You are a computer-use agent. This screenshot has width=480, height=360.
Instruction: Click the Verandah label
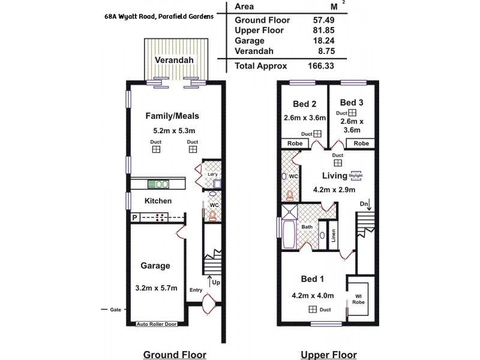[174, 61]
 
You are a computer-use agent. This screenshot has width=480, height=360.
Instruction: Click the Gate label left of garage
[116, 310]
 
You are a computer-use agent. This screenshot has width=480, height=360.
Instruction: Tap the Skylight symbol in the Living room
[357, 175]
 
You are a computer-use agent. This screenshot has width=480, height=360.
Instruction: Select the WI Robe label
[358, 298]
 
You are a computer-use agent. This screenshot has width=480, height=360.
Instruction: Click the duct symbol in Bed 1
[312, 310]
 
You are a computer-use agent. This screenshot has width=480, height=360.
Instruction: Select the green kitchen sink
[160, 184]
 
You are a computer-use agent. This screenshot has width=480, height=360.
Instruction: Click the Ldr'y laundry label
[211, 175]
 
